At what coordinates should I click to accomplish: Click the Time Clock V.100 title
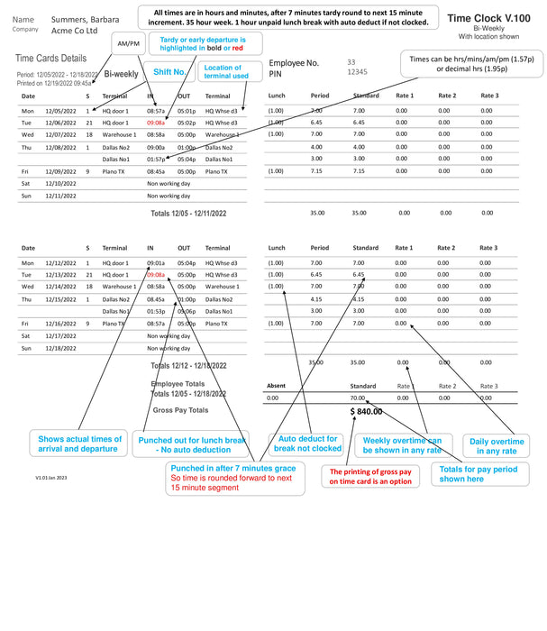click(488, 17)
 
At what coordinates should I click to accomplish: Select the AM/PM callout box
click(130, 43)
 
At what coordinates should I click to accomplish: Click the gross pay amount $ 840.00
click(366, 411)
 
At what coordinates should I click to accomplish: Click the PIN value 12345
click(358, 71)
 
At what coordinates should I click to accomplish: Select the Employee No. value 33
click(351, 61)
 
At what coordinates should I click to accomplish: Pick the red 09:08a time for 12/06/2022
click(156, 122)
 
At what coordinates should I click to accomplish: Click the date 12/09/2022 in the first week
click(62, 170)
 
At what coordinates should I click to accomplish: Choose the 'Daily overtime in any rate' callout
click(496, 446)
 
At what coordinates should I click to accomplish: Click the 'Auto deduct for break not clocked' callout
click(308, 443)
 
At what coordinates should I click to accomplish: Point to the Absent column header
click(277, 386)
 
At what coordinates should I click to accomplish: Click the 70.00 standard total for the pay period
click(358, 397)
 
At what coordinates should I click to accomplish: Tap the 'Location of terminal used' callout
click(224, 72)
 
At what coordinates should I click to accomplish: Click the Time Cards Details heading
click(51, 59)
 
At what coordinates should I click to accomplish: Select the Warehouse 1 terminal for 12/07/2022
click(119, 133)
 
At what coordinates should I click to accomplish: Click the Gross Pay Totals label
click(180, 410)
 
